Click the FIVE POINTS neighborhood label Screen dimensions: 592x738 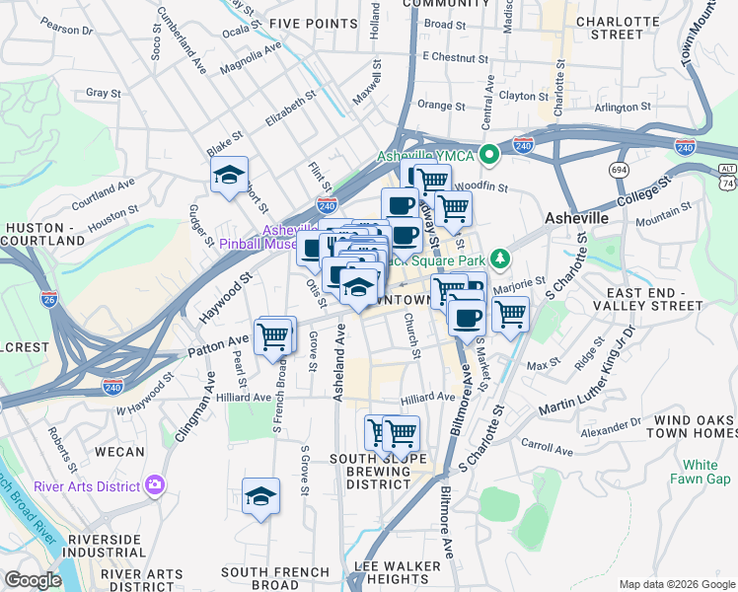[312, 24]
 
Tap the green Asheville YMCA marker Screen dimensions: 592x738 [488, 155]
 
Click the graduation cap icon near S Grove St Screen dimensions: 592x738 [261, 496]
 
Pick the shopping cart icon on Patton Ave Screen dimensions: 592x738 [274, 336]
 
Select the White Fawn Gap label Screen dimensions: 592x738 [700, 472]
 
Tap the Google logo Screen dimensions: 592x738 [33, 579]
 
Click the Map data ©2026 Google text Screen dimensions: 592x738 [676, 584]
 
